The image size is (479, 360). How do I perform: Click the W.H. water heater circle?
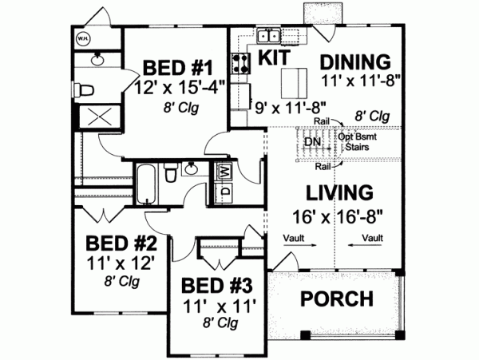[83, 38]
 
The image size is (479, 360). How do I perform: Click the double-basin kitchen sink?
[268, 35]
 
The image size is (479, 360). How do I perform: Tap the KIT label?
[271, 57]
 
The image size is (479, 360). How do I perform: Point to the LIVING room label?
[339, 193]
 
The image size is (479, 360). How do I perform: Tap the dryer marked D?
[223, 191]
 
